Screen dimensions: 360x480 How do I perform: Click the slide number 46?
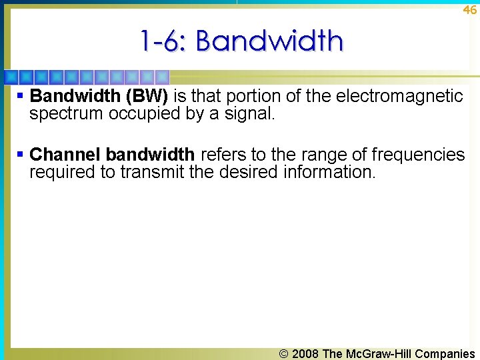tap(469, 9)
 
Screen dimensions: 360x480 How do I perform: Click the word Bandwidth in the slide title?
tap(270, 41)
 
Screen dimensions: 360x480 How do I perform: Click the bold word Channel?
tap(65, 155)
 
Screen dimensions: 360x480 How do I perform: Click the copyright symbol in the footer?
tap(284, 354)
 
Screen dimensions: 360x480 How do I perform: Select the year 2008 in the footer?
tap(305, 354)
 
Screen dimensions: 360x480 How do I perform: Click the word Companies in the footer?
tap(445, 354)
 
